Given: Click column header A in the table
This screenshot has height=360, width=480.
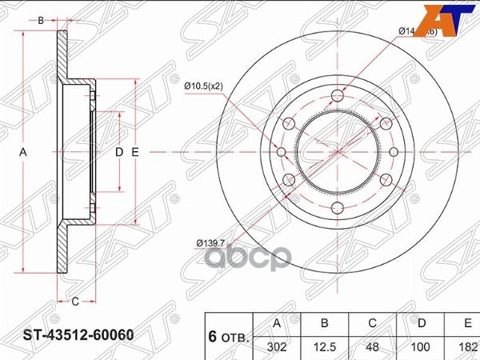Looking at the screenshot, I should point(276,323).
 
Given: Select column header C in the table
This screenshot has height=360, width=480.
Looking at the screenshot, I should point(372,323).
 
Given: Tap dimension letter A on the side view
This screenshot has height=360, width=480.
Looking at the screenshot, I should point(23,152).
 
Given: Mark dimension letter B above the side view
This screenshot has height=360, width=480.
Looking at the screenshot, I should point(41,21).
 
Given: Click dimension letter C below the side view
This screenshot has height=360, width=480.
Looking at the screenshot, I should point(74,302).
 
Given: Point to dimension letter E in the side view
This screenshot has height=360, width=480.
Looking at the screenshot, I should point(135,152).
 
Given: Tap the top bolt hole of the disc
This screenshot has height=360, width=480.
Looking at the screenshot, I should point(336,98).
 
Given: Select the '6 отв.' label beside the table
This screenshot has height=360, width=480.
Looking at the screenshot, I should point(227,336).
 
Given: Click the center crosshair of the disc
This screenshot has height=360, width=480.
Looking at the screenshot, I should point(336,151).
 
